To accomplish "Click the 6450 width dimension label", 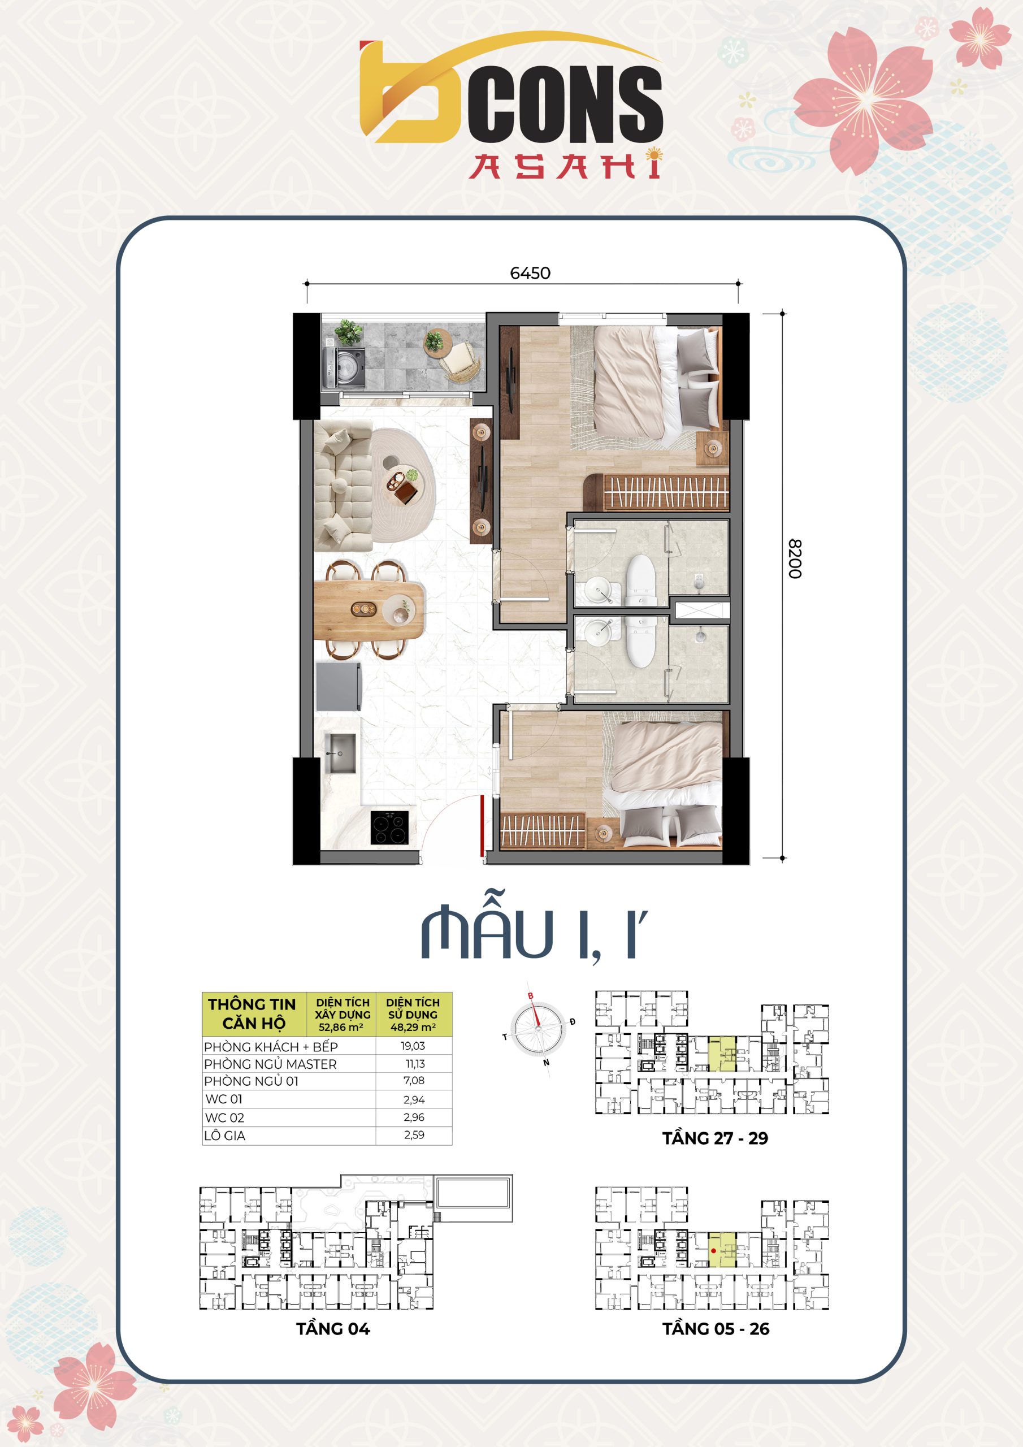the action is click(530, 273).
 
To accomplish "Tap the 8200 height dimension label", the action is click(795, 558).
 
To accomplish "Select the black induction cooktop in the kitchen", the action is click(389, 828).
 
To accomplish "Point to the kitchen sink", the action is click(340, 753).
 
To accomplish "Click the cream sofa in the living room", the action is click(343, 486).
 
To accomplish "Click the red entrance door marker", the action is click(482, 826).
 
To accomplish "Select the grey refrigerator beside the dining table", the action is click(339, 686).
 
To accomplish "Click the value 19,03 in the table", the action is click(413, 1046).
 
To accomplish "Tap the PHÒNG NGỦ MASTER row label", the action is click(270, 1064).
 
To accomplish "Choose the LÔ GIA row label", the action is click(224, 1136).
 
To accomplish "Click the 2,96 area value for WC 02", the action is click(414, 1117).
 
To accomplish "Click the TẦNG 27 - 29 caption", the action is click(715, 1138).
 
